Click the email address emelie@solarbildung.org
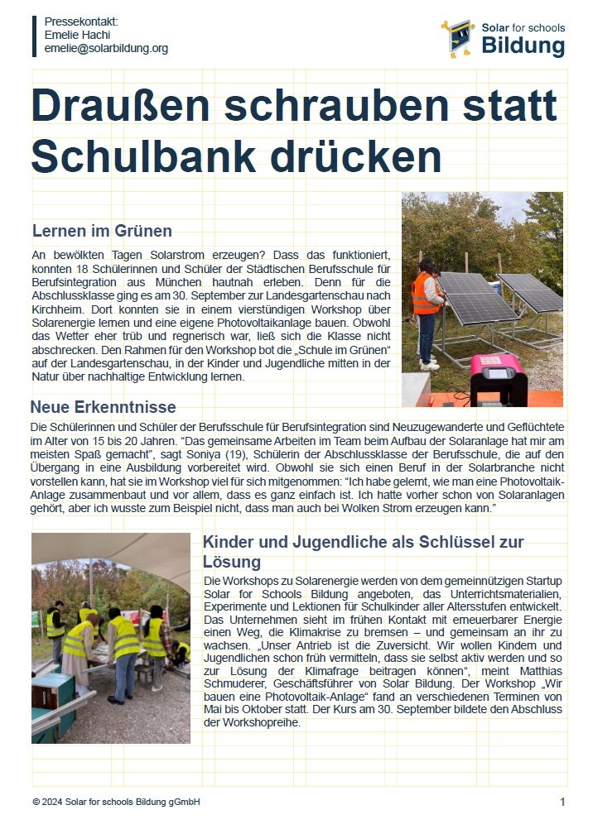106,49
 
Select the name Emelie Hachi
77,35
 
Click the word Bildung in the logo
523,46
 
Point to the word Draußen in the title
141,106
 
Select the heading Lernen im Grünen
102,230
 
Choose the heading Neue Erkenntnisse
103,407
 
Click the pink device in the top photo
498,378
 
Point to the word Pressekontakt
81,21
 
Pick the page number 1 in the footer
562,802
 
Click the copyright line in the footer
116,802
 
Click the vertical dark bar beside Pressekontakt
35,35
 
